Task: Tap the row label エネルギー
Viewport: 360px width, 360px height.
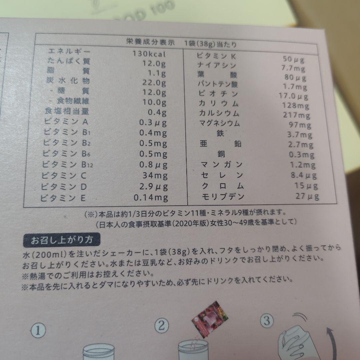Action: pos(69,52)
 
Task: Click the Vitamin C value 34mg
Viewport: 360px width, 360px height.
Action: pos(156,175)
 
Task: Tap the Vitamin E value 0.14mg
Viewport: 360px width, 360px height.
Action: pos(151,198)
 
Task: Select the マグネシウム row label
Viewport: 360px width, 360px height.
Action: pos(219,123)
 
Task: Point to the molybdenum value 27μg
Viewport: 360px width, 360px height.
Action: pos(307,196)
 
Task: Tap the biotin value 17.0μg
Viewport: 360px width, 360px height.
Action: pos(293,97)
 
